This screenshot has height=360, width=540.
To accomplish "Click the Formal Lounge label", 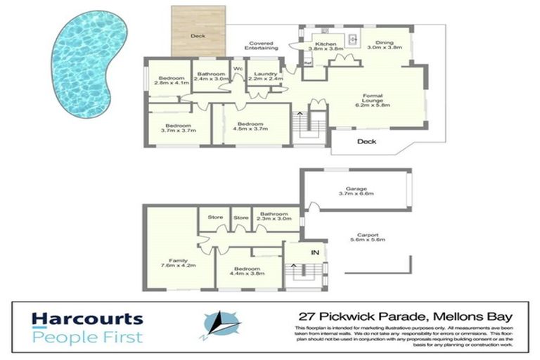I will tap(372, 100).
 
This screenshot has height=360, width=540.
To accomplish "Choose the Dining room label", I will tap(385, 44).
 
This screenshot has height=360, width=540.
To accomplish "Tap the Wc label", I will tap(238, 69).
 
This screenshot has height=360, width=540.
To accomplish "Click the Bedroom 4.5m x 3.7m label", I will tap(252, 127).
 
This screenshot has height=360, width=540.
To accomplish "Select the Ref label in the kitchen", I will tap(307, 63).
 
